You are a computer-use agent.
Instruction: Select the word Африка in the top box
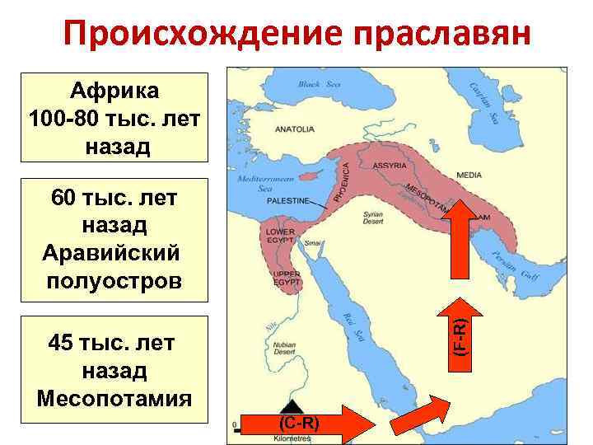point(114,91)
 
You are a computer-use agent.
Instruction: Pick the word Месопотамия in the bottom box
point(114,398)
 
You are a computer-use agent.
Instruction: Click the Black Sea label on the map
point(320,84)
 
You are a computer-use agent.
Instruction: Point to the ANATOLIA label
point(295,129)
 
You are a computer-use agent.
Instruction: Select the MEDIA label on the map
point(469,175)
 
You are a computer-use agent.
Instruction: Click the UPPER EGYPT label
point(286,278)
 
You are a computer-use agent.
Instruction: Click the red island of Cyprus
point(311,176)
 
